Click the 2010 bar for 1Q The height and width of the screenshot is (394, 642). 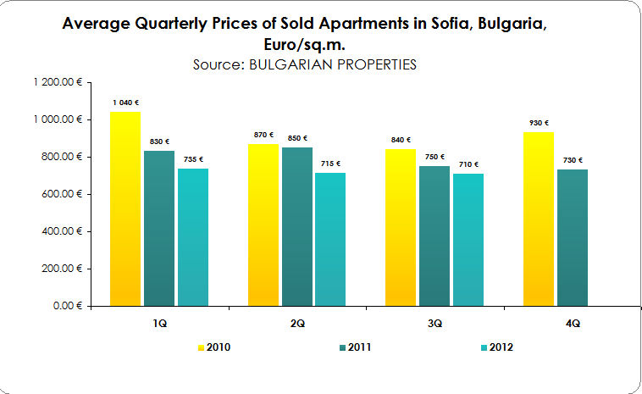point(125,208)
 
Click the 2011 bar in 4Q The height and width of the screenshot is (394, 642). point(572,236)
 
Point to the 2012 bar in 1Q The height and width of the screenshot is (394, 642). point(192,236)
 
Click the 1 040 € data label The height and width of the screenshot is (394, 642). point(125,103)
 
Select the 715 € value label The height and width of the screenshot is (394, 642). point(330,164)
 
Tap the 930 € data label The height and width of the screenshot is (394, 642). point(540,123)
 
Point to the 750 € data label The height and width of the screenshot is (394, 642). point(434,157)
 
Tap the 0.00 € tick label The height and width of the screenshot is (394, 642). point(68,305)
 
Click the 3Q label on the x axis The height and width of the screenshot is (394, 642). point(434,323)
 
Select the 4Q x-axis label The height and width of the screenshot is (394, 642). point(573,323)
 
